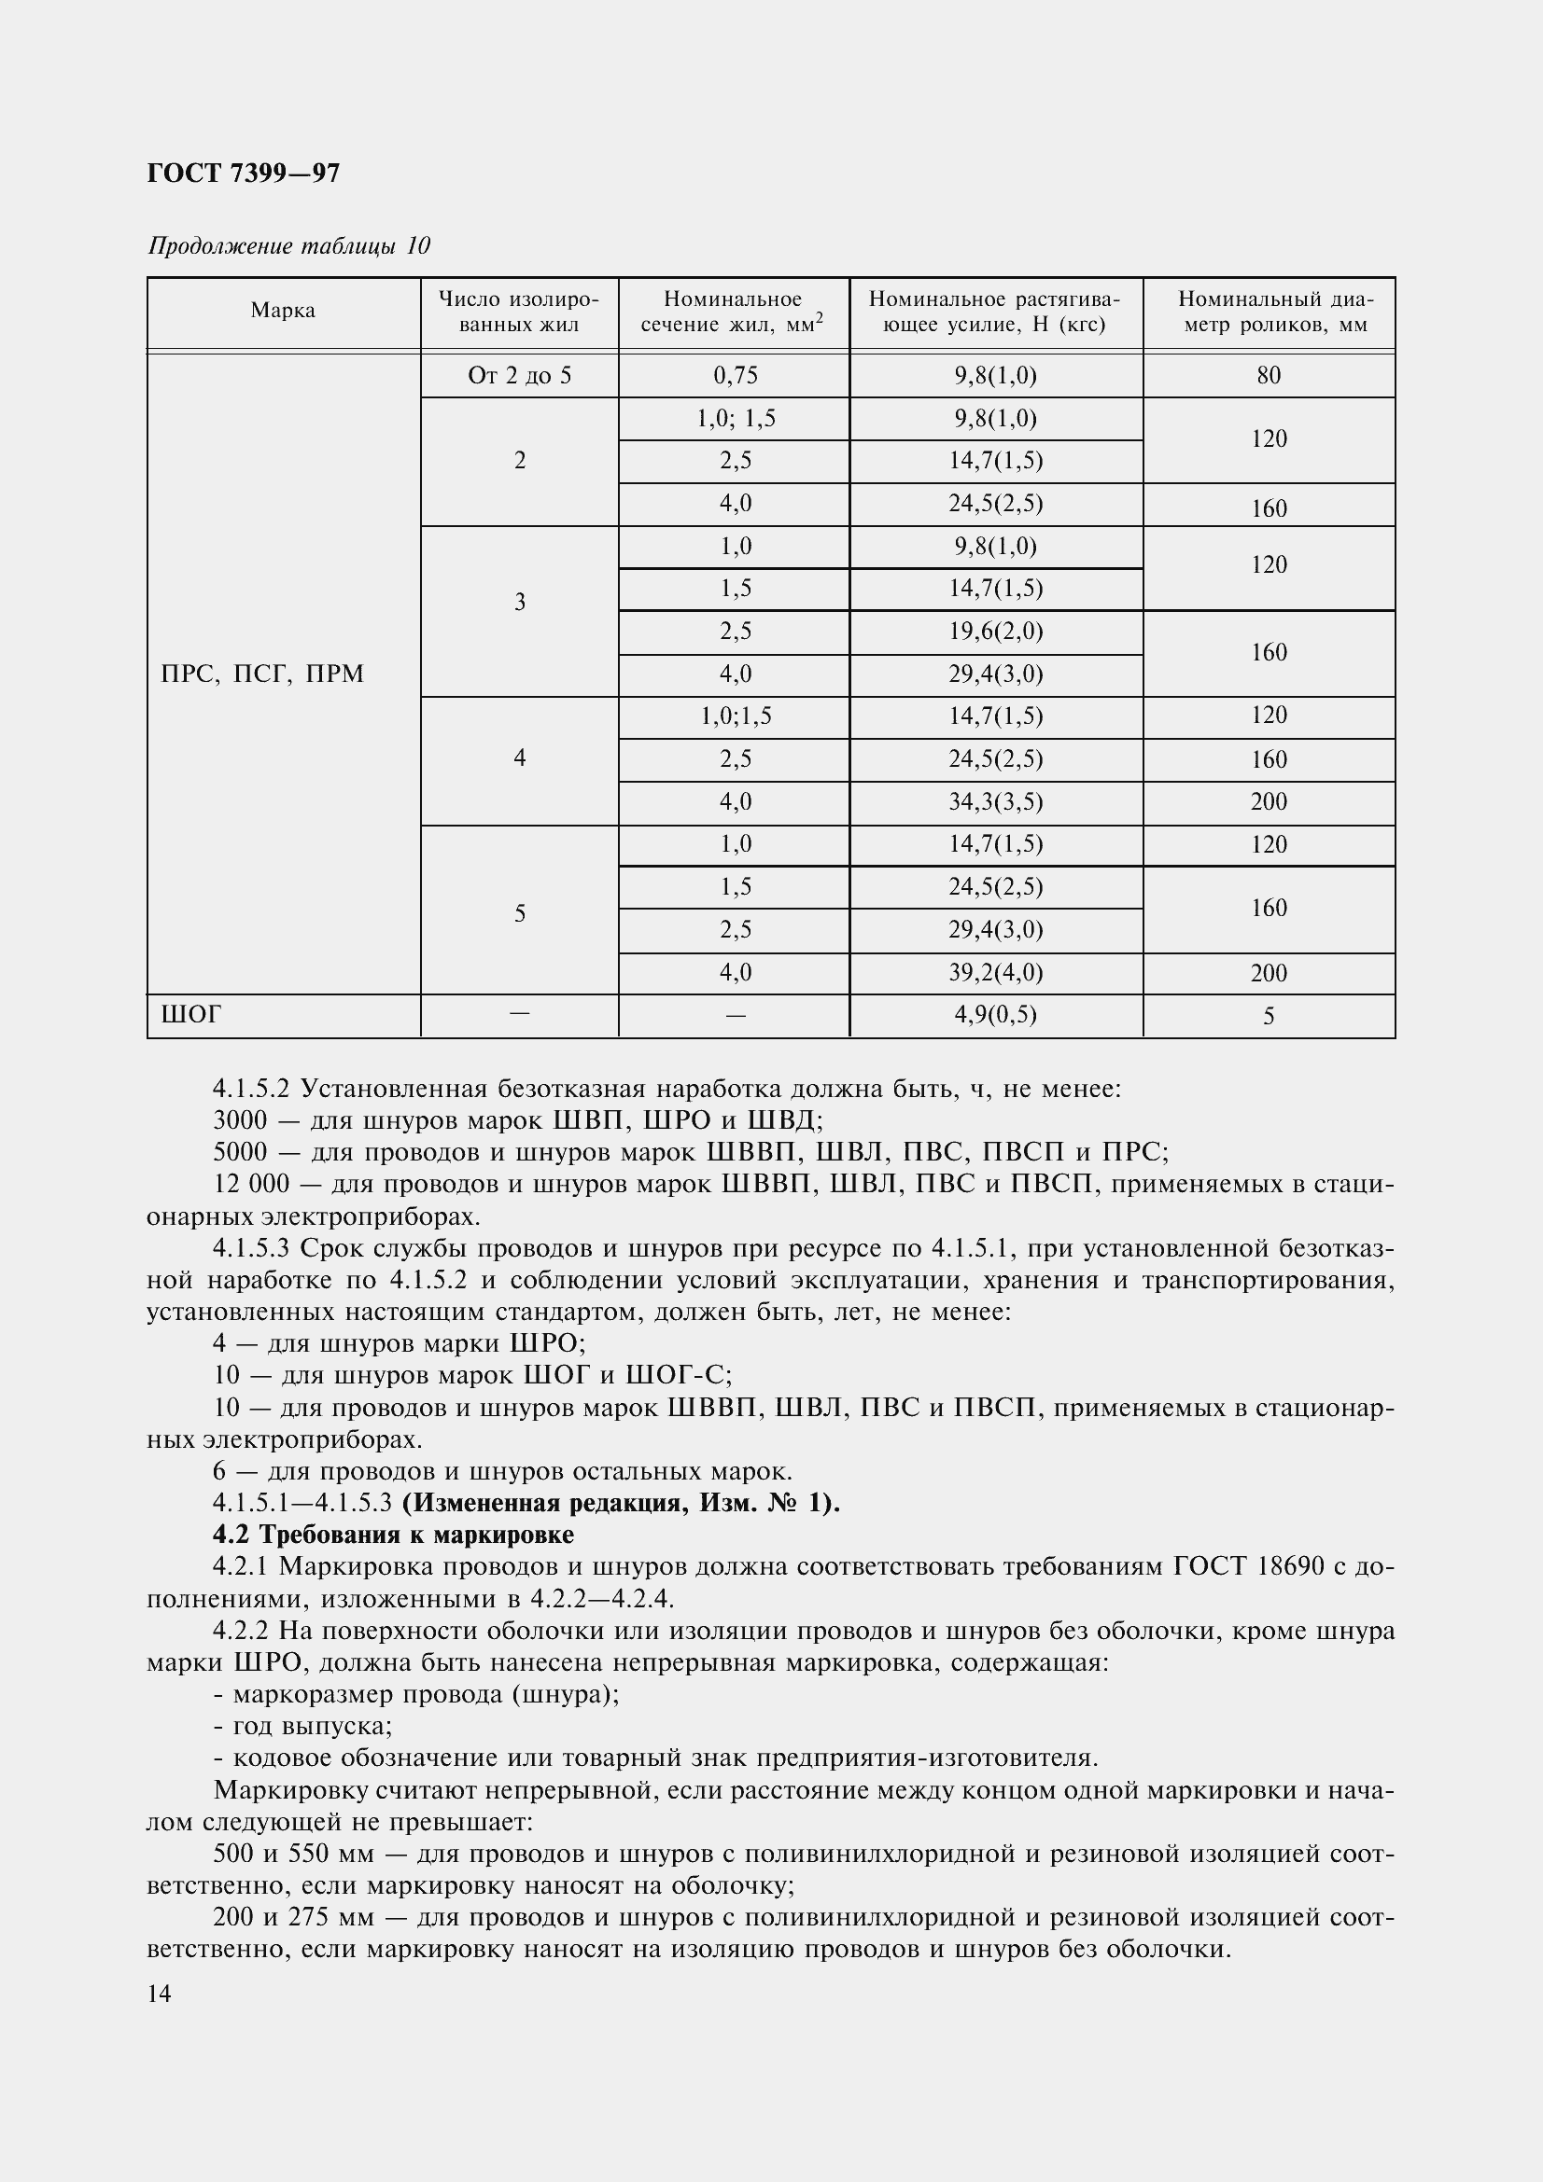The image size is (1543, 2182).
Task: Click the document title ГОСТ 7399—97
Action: pyautogui.click(x=244, y=173)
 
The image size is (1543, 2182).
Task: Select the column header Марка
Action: pyautogui.click(x=284, y=311)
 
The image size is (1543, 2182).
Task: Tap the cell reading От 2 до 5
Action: pyautogui.click(x=519, y=375)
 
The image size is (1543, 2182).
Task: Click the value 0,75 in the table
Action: pyautogui.click(x=735, y=375)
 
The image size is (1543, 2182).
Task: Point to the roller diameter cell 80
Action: pyautogui.click(x=1269, y=375)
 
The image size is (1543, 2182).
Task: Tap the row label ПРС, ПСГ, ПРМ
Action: pyautogui.click(x=262, y=674)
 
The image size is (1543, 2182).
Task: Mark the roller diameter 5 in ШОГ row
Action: pyautogui.click(x=1269, y=1017)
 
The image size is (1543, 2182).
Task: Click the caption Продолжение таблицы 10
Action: pyautogui.click(x=289, y=246)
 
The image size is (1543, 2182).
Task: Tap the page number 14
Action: pyautogui.click(x=159, y=1994)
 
